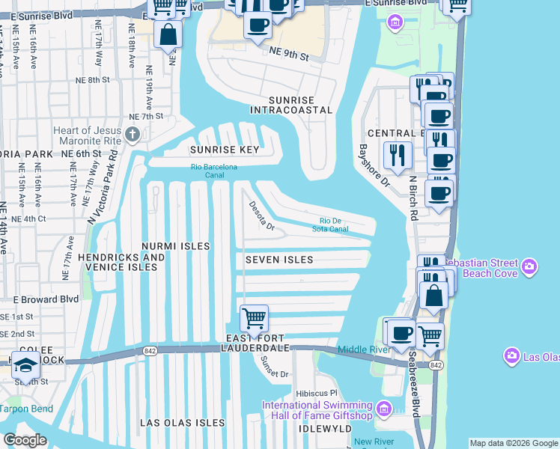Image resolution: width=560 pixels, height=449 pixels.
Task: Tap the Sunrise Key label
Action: pyautogui.click(x=224, y=150)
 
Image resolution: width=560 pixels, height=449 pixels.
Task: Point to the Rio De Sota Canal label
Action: pyautogui.click(x=334, y=224)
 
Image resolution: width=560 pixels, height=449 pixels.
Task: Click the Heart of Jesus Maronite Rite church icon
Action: pyautogui.click(x=133, y=135)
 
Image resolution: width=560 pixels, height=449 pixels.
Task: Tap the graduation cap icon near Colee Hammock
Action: pyautogui.click(x=26, y=367)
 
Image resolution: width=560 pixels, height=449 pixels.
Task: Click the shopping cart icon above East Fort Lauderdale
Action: pyautogui.click(x=254, y=318)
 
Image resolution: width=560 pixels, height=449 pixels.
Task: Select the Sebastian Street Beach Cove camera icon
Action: pyautogui.click(x=529, y=266)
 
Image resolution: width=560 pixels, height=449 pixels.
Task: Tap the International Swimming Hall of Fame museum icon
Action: pyautogui.click(x=384, y=409)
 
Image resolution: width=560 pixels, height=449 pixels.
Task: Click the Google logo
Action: pyautogui.click(x=25, y=440)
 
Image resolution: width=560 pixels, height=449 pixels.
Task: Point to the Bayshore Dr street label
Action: pyautogui.click(x=374, y=165)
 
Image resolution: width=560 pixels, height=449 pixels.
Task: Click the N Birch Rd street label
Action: pyautogui.click(x=412, y=199)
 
